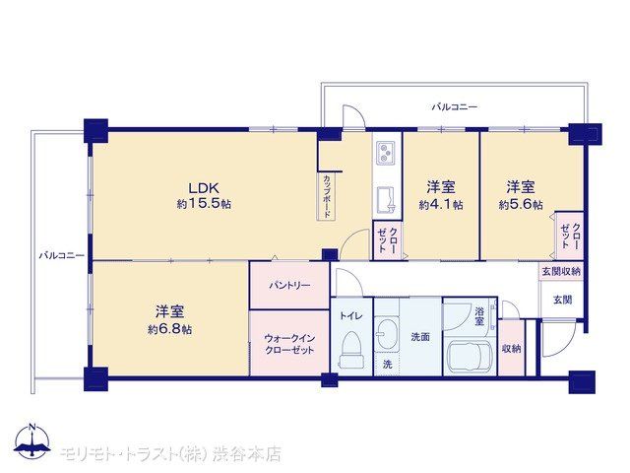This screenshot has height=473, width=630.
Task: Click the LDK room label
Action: pyautogui.click(x=204, y=188)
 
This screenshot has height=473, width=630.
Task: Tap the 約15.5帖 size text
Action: pyautogui.click(x=204, y=204)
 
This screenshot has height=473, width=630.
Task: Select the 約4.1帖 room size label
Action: pyautogui.click(x=441, y=205)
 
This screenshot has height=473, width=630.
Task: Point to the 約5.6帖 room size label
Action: pyautogui.click(x=521, y=205)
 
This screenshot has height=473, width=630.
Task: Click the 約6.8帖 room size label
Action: pyautogui.click(x=169, y=330)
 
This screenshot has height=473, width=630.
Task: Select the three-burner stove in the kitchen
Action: pyautogui.click(x=386, y=153)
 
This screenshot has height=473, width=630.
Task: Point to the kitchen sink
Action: pyautogui.click(x=386, y=200)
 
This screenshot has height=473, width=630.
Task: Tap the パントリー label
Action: pyautogui.click(x=289, y=286)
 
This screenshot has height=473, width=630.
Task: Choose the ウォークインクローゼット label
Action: pyautogui.click(x=289, y=344)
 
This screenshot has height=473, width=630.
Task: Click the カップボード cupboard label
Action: pyautogui.click(x=326, y=196)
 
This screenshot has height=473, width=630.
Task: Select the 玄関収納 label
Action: pyautogui.click(x=561, y=272)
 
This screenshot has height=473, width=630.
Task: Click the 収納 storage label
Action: pyautogui.click(x=512, y=349)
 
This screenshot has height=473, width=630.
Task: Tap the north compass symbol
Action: pyautogui.click(x=32, y=441)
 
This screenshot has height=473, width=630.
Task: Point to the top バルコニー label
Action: pyautogui.click(x=455, y=107)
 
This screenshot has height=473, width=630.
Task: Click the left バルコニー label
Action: pyautogui.click(x=61, y=255)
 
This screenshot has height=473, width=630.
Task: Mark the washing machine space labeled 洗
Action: pyautogui.click(x=387, y=365)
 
